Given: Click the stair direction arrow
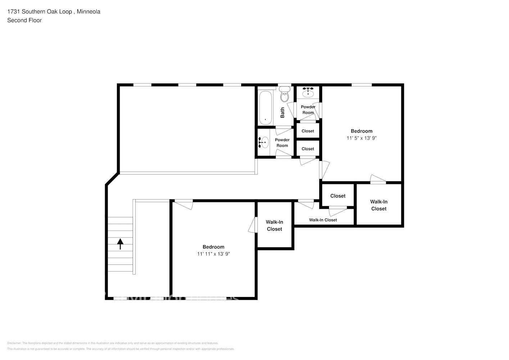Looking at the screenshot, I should pyautogui.click(x=120, y=244).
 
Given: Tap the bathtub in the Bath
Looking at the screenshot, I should pyautogui.click(x=265, y=108).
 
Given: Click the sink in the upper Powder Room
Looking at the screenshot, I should pyautogui.click(x=308, y=93).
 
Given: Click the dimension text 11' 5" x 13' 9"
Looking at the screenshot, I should pyautogui.click(x=361, y=138).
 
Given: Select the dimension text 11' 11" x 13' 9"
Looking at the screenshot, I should pyautogui.click(x=213, y=254).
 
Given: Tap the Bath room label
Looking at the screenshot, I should pyautogui.click(x=282, y=112).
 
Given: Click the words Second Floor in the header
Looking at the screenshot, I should pyautogui.click(x=24, y=21).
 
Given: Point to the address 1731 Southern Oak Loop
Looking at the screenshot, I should pyautogui.click(x=40, y=12).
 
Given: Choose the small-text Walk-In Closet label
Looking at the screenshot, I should pyautogui.click(x=323, y=220).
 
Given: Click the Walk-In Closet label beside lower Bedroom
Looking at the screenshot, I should pyautogui.click(x=274, y=225).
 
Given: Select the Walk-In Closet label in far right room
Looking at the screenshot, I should pyautogui.click(x=379, y=205).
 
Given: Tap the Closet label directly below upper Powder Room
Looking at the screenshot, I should pyautogui.click(x=308, y=131).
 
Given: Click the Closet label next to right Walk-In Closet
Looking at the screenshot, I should pyautogui.click(x=338, y=196).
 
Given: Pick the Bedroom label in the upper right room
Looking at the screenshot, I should pyautogui.click(x=361, y=131).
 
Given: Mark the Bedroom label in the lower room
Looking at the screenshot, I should pyautogui.click(x=213, y=247).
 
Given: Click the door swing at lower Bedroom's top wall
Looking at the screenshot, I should pyautogui.click(x=184, y=205).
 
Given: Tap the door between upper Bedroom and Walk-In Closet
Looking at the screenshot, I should pyautogui.click(x=378, y=179).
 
